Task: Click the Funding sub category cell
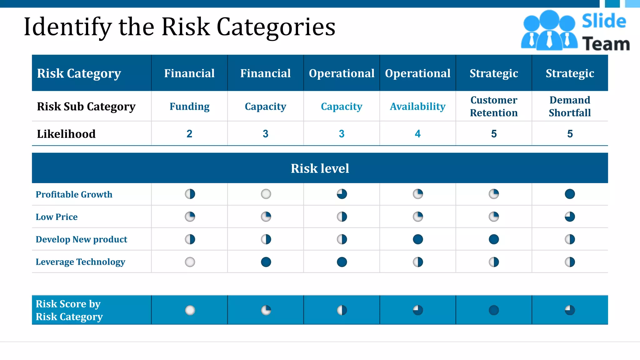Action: (x=189, y=107)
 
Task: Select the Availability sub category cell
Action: (x=417, y=107)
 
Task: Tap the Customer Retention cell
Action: (x=494, y=106)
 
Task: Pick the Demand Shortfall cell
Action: (x=570, y=106)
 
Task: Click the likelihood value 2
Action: (x=189, y=134)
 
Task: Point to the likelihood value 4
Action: (x=417, y=134)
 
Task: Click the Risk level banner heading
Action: (x=320, y=168)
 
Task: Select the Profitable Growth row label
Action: (x=74, y=194)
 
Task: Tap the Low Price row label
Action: (x=57, y=217)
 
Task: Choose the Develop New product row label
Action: (x=81, y=239)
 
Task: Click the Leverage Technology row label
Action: (x=80, y=262)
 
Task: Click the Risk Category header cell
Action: (x=79, y=73)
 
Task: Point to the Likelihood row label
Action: (x=66, y=134)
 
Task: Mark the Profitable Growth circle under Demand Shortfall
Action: (x=570, y=194)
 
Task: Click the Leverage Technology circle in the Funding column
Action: (x=190, y=262)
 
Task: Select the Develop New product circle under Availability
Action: (x=418, y=239)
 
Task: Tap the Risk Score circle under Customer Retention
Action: (x=494, y=310)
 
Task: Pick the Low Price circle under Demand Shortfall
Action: (x=570, y=217)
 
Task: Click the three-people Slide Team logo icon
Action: (x=549, y=30)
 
